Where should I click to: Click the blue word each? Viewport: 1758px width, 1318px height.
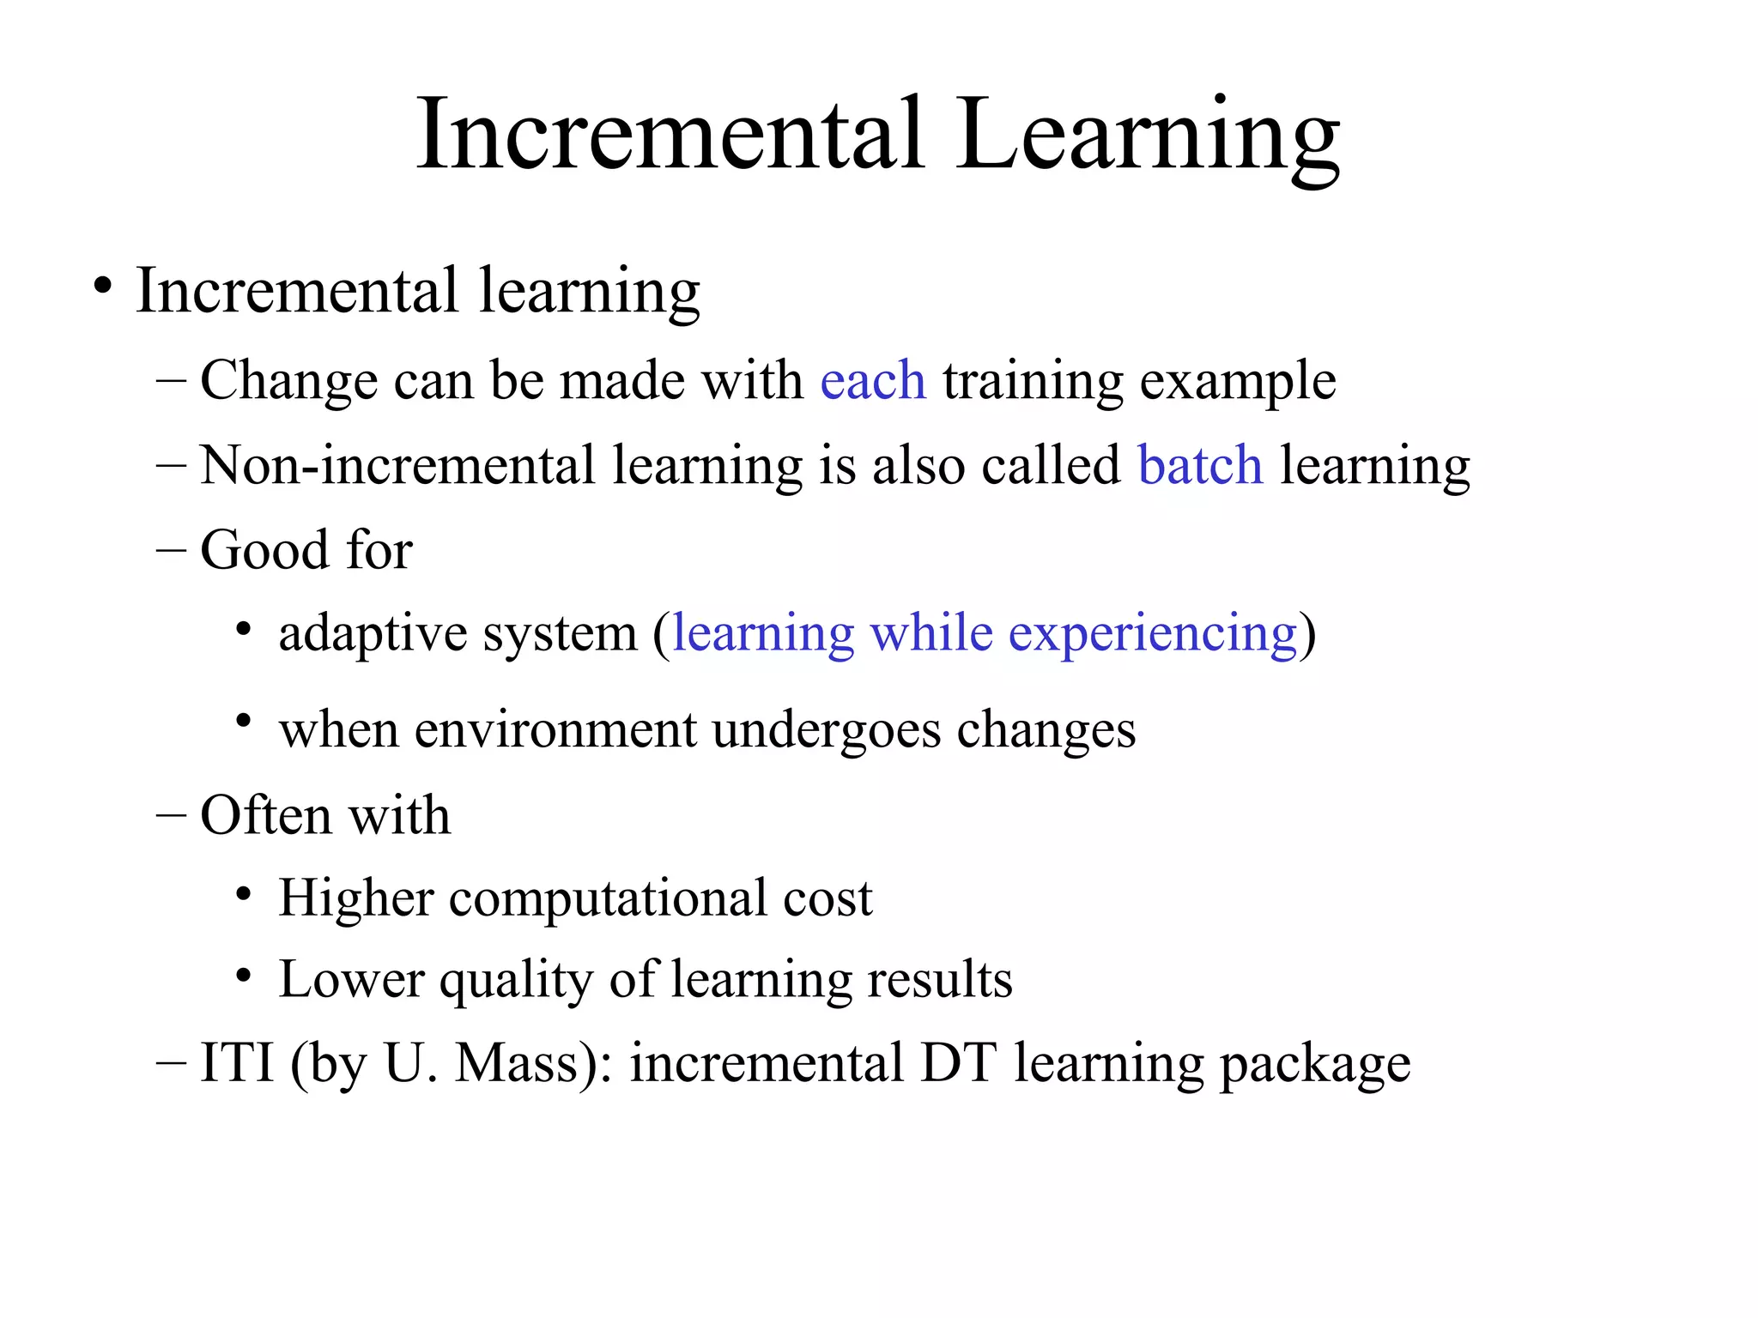click(x=873, y=380)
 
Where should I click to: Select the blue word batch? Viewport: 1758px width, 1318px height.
click(x=1200, y=465)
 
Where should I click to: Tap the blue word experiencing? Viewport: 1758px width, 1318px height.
click(x=1152, y=635)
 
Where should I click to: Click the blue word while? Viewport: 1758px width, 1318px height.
click(x=931, y=633)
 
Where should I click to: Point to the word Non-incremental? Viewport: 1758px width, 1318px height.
click(x=397, y=465)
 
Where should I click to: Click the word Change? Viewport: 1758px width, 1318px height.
click(x=288, y=380)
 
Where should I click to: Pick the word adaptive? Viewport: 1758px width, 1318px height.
click(x=373, y=635)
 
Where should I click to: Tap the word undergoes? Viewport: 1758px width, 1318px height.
click(x=827, y=731)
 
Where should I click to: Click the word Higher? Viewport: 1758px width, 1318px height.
click(x=356, y=899)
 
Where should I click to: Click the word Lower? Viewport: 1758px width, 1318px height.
click(x=351, y=979)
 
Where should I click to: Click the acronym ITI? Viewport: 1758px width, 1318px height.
click(x=237, y=1062)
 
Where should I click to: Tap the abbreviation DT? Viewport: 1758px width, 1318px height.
click(x=958, y=1062)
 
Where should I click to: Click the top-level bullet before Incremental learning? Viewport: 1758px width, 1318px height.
click(x=103, y=286)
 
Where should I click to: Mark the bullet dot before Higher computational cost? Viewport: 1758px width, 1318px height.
click(x=244, y=895)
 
